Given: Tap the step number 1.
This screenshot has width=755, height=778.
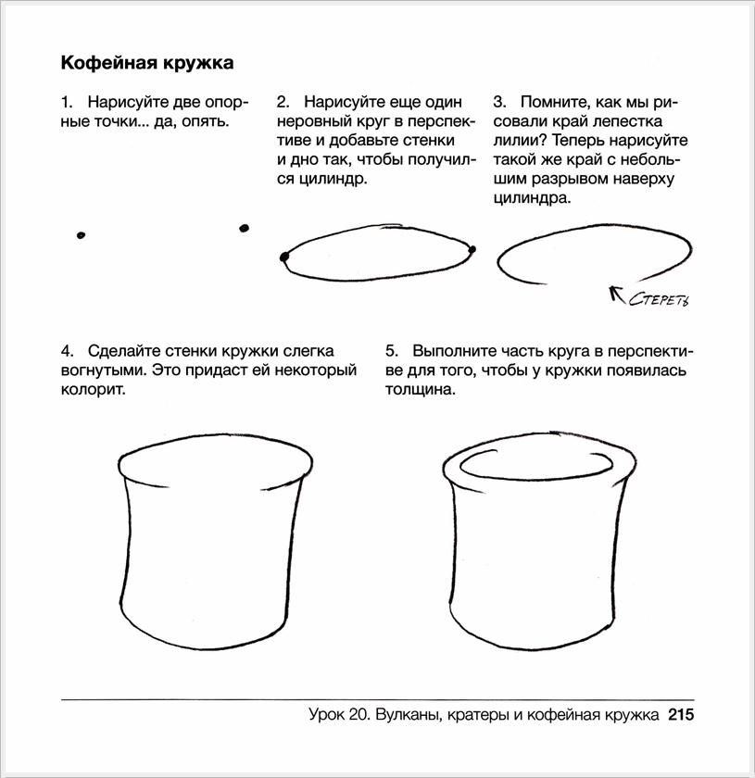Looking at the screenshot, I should pyautogui.click(x=65, y=101).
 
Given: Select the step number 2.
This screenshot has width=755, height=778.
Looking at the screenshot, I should pyautogui.click(x=282, y=101).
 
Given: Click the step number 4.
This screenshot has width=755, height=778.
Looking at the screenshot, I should pyautogui.click(x=66, y=352).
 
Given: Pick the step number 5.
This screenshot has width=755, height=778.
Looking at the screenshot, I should pyautogui.click(x=391, y=352).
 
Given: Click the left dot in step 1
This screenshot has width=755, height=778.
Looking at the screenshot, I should pyautogui.click(x=82, y=235).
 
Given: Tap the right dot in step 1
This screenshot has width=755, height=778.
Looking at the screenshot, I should pyautogui.click(x=244, y=228).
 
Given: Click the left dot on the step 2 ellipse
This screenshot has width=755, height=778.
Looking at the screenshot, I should pyautogui.click(x=283, y=257).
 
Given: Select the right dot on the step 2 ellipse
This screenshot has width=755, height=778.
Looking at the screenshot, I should pyautogui.click(x=472, y=248).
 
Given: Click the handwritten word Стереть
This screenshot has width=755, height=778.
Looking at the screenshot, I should pyautogui.click(x=660, y=299).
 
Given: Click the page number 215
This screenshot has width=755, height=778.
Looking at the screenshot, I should pyautogui.click(x=679, y=715).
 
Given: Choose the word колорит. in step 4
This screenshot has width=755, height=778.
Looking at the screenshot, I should pyautogui.click(x=93, y=390).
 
